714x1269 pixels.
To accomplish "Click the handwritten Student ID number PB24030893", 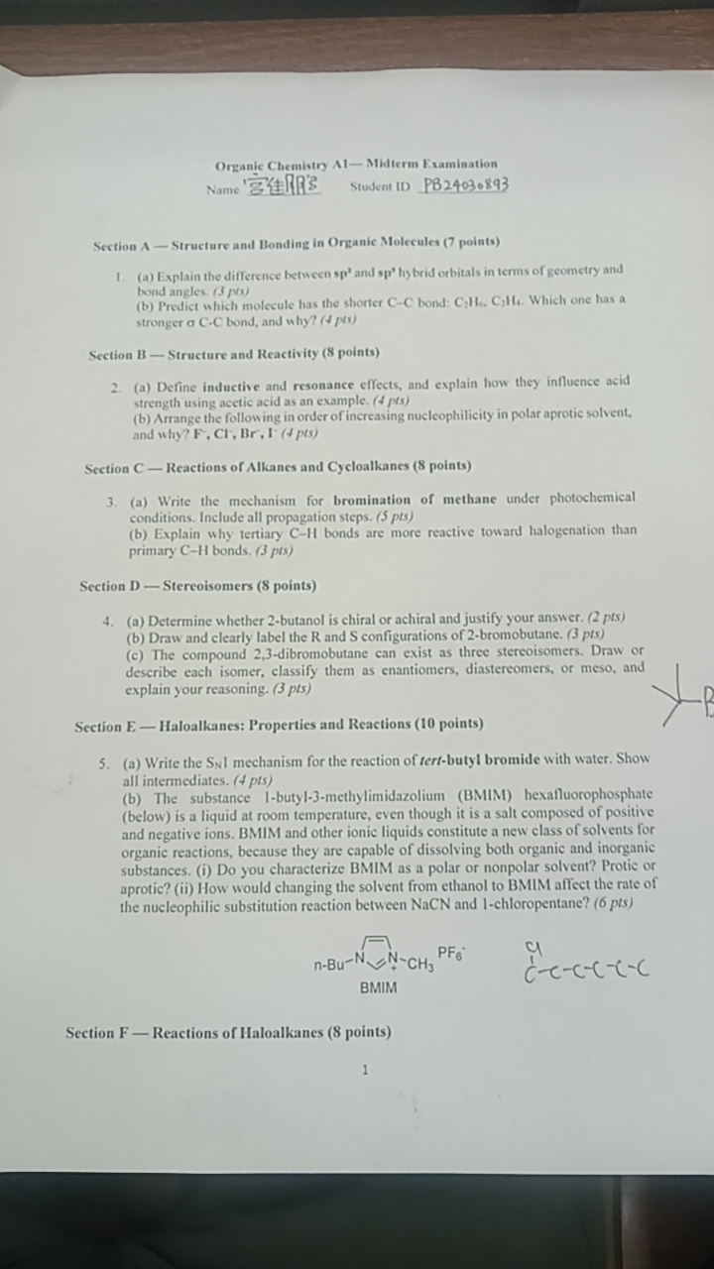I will (465, 185).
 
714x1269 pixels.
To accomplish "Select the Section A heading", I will (297, 242).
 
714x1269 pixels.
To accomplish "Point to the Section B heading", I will (234, 353).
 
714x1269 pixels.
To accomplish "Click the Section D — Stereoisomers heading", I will (197, 586).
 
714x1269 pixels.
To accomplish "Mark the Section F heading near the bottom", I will (228, 1032).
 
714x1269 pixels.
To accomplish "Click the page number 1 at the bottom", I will (366, 1069).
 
